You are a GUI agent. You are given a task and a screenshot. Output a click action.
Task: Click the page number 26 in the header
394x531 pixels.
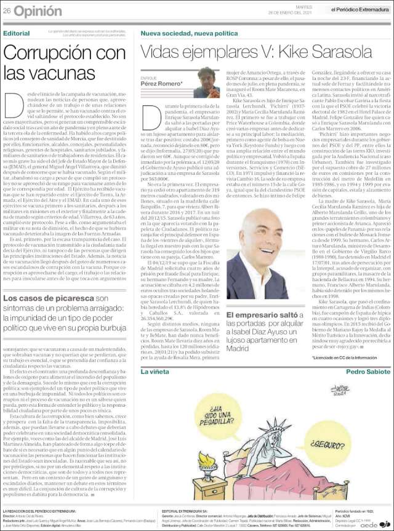8,10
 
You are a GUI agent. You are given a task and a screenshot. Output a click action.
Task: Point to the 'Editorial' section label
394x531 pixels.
17,32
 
